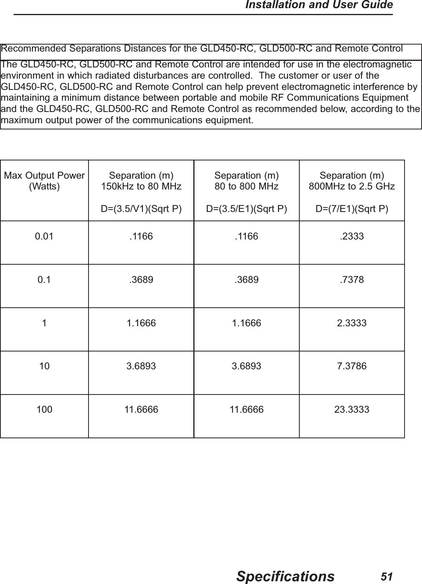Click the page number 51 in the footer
[386, 576]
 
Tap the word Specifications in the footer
[285, 576]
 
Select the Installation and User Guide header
[320, 5]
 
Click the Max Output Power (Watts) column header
[44, 181]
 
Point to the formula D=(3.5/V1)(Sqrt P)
[141, 209]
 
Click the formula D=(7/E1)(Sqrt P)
[352, 209]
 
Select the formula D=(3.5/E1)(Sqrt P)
[247, 209]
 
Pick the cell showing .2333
[352, 236]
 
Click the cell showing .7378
[352, 279]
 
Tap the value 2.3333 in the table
[352, 323]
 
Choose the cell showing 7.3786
[352, 366]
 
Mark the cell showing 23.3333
[352, 409]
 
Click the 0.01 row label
[44, 236]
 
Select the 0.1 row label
[44, 279]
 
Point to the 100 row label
[44, 409]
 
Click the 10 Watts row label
[44, 366]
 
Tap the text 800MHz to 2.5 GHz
[352, 186]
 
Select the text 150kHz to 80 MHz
[141, 186]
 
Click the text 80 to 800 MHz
[247, 186]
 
